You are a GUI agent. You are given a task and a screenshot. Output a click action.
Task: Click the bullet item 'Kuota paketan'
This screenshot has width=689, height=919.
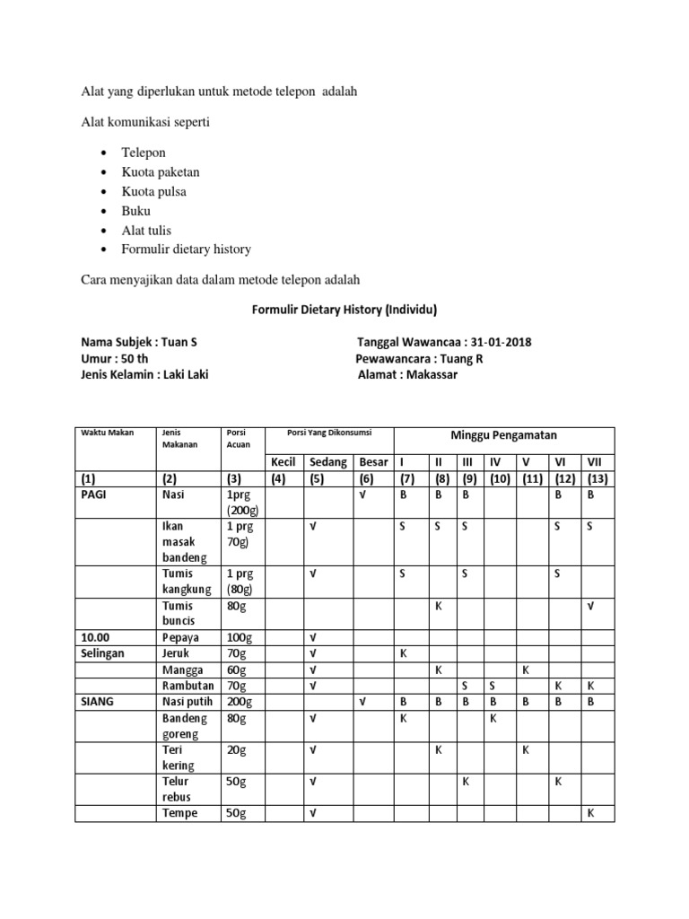coord(161,171)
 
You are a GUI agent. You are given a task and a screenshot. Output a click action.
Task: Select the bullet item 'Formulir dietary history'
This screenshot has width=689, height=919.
coord(186,249)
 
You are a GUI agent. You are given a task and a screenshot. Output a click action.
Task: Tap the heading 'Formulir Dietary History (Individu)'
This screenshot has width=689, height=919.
coord(340,310)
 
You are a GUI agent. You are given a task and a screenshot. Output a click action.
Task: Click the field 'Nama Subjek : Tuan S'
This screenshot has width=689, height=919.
coord(139,343)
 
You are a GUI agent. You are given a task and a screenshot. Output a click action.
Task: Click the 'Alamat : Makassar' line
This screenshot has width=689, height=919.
coord(407,374)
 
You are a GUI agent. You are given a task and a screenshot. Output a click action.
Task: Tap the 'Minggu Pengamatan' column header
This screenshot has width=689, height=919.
coord(503,435)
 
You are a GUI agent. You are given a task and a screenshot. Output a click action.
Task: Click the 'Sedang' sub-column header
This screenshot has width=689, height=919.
coord(329,462)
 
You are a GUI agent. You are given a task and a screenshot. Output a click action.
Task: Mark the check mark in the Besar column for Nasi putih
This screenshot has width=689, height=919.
coord(363,702)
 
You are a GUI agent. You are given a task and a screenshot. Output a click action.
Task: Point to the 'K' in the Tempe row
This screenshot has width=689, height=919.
coord(590,813)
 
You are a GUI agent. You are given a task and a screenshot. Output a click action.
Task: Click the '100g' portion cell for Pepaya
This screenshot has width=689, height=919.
coord(240,636)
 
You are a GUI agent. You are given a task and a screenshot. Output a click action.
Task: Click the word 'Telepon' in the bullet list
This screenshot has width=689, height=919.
coord(144,153)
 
